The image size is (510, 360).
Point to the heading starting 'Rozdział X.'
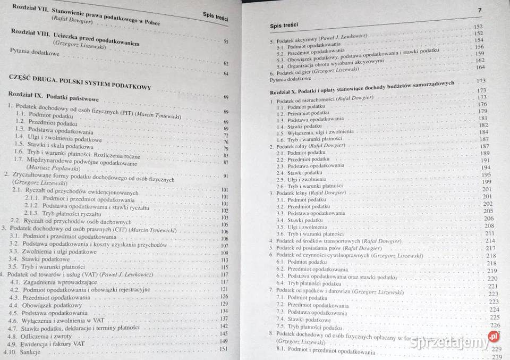click(x=361, y=87)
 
